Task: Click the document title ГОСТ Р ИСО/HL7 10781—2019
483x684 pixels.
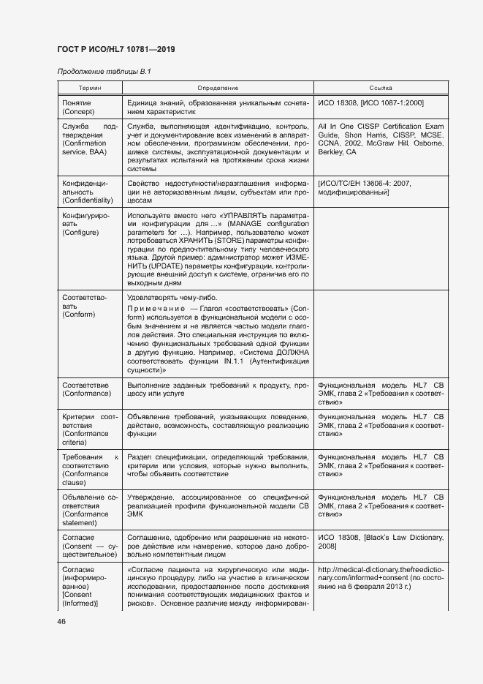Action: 117,50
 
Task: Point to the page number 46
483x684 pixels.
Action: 62,621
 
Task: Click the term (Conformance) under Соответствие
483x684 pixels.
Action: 87,394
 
